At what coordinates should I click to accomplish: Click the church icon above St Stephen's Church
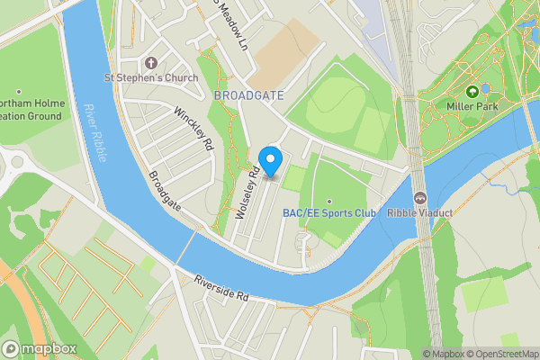point(150,63)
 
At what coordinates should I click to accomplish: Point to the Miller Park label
point(472,106)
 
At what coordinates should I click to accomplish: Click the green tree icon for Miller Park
point(472,91)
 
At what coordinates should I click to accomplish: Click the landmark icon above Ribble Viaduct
point(419,198)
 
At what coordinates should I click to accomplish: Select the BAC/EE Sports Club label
point(328,213)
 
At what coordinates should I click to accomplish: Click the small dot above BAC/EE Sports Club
point(328,201)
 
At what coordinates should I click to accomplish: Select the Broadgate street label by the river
point(166,193)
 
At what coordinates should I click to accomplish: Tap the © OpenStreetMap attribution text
point(499,354)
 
